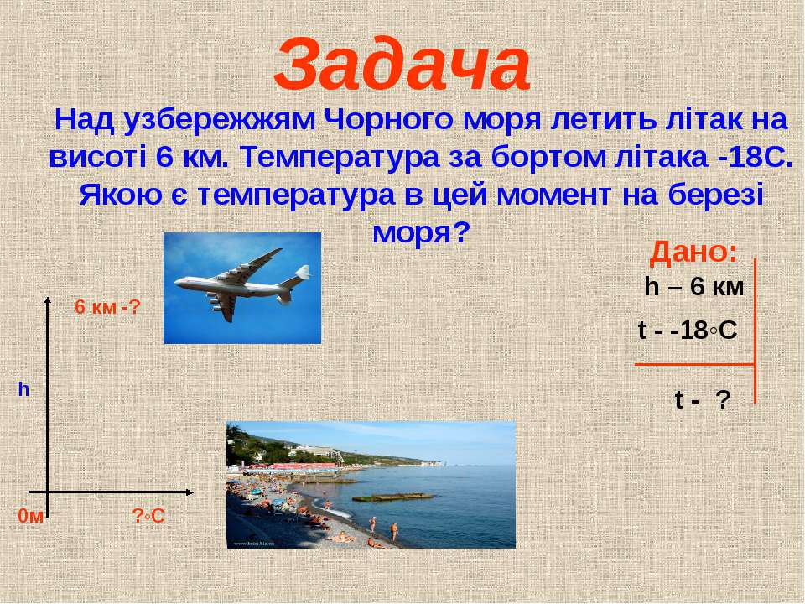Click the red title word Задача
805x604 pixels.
pos(402,65)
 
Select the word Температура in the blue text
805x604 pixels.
pos(340,158)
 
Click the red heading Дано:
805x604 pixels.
pos(693,253)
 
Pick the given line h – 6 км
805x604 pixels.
pos(694,287)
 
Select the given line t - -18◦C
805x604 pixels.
pos(688,331)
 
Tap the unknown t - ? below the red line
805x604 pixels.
pos(703,399)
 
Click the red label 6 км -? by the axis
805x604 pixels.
pos(107,307)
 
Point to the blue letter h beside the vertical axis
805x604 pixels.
pos(23,390)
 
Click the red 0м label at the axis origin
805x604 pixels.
pos(31,516)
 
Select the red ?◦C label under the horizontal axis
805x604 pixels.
pos(148,516)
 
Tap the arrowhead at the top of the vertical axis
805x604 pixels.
pos(48,299)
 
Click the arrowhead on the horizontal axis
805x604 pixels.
pos(190,492)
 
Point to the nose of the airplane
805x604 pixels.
pos(177,282)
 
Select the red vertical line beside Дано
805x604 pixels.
pos(756,331)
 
